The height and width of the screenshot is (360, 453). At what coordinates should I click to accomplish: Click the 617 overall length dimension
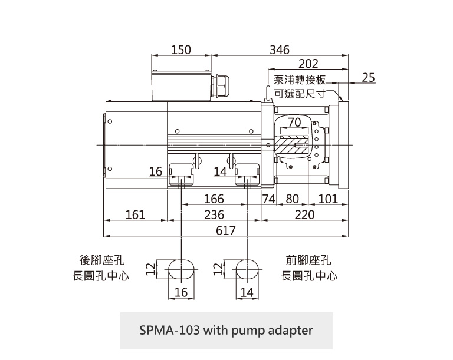[226, 230]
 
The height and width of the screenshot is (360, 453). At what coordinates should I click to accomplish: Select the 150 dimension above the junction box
[181, 50]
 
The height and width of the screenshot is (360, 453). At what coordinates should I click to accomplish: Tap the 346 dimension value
[280, 50]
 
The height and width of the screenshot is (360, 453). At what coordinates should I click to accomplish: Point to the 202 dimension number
[308, 64]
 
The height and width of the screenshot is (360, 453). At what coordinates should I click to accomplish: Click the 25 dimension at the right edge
[368, 78]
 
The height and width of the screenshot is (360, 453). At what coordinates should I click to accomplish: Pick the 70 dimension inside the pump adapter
[295, 122]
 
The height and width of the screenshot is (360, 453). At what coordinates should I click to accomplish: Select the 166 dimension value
[214, 199]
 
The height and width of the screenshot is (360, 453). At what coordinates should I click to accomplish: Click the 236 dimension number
[214, 215]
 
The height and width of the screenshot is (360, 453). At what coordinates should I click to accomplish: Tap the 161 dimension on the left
[135, 215]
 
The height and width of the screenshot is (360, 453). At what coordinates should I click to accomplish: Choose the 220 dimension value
[305, 215]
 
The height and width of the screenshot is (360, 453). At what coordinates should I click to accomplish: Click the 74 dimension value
[269, 199]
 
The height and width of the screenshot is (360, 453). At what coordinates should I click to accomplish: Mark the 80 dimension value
[293, 199]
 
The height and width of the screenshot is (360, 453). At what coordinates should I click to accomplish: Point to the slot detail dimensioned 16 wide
[180, 269]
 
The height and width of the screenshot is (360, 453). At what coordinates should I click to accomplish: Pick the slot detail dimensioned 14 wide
[247, 269]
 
